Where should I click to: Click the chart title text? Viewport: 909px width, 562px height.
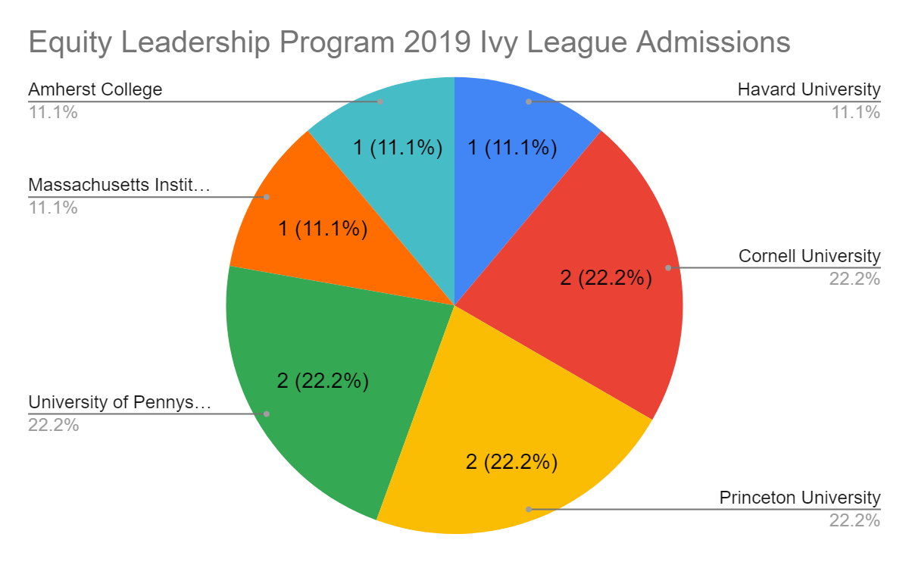coord(409,42)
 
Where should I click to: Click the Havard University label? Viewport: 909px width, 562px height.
coord(809,89)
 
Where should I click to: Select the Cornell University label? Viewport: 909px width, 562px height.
coord(809,256)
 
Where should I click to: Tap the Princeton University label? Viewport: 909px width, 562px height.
coord(800,498)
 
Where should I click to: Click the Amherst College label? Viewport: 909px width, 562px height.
coord(95,89)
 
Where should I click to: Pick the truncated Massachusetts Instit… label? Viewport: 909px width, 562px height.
coord(118,185)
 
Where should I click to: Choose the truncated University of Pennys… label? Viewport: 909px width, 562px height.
coord(120,402)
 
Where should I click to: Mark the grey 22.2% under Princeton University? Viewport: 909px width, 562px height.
coord(854,520)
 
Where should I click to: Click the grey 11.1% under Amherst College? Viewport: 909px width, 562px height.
coord(53,113)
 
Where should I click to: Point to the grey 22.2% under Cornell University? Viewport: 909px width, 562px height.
coord(854,279)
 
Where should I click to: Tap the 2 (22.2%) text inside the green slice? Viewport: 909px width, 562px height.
coord(323,381)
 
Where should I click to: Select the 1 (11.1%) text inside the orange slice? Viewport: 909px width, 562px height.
coord(323,228)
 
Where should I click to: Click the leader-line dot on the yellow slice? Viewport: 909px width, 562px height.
coord(529,509)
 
